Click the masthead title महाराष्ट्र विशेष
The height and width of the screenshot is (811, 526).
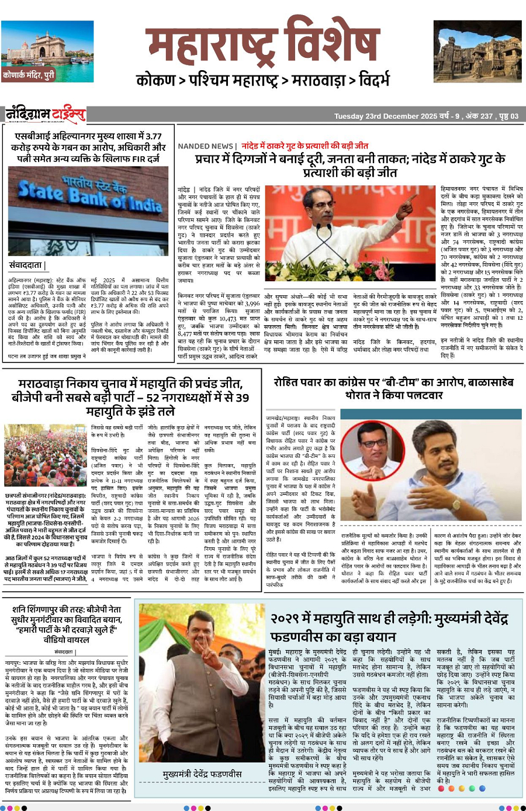click(x=263, y=44)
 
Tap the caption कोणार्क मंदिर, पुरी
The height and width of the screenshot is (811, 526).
click(x=29, y=75)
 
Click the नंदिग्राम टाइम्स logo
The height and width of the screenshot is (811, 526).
click(x=46, y=114)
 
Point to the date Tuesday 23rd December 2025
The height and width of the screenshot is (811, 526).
click(x=386, y=116)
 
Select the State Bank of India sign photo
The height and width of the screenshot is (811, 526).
click(x=88, y=210)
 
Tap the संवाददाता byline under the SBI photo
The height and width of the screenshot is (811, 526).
click(x=26, y=265)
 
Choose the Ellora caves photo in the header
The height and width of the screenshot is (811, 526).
click(x=477, y=51)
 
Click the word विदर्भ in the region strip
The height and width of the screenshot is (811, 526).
click(x=375, y=81)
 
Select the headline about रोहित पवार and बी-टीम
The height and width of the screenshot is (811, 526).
click(x=393, y=388)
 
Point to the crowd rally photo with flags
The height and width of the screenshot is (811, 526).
click(x=46, y=456)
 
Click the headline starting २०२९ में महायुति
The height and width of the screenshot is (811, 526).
click(x=389, y=627)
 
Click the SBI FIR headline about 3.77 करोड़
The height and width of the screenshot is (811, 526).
click(x=88, y=147)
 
